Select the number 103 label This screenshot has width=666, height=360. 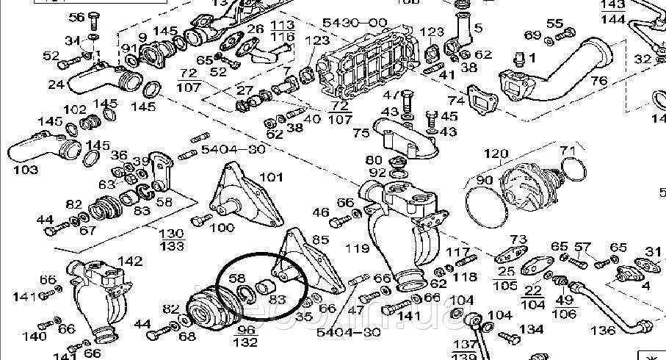[26, 170]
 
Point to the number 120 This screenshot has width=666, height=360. [496, 154]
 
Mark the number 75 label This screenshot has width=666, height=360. [361, 133]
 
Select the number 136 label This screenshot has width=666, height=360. [603, 331]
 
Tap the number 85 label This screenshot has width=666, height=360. [321, 239]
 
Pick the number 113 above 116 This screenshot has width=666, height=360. [282, 25]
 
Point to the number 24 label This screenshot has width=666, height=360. [56, 84]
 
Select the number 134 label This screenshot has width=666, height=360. [531, 329]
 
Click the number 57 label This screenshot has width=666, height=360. [582, 246]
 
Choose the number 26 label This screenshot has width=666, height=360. [255, 29]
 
